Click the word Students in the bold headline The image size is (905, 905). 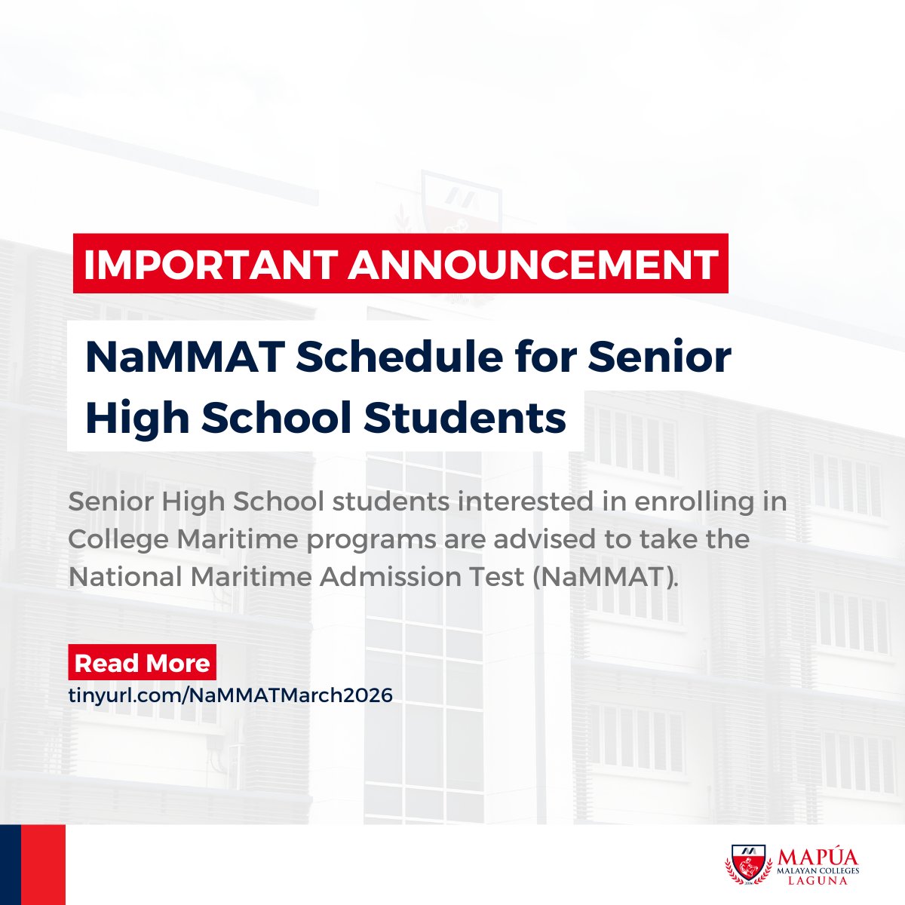(x=465, y=418)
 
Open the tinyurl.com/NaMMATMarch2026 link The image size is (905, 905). (x=231, y=695)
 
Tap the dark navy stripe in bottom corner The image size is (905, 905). (x=10, y=864)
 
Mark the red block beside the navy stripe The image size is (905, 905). (x=43, y=864)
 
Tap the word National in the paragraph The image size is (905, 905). (x=121, y=578)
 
